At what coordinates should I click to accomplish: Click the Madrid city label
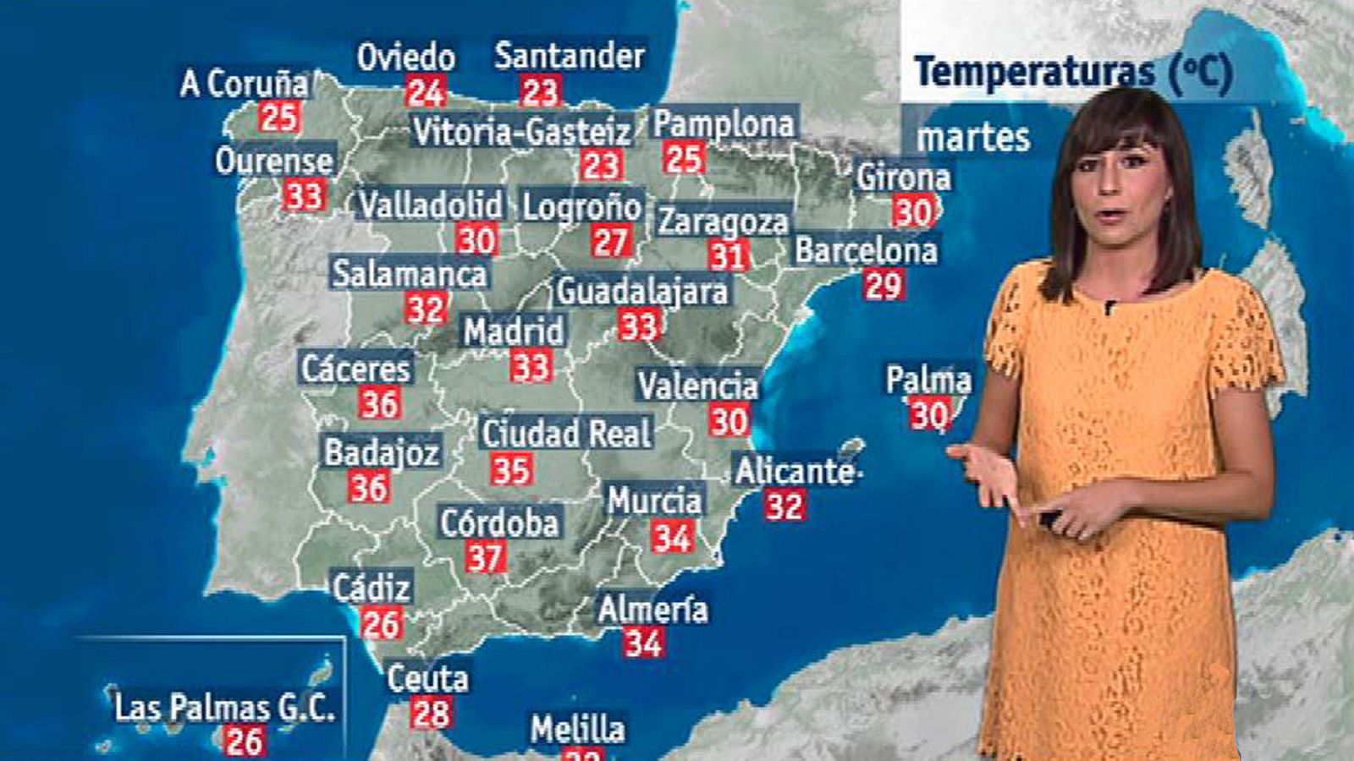point(513,331)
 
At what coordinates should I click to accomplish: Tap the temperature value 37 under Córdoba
point(486,557)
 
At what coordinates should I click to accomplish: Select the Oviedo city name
point(406,57)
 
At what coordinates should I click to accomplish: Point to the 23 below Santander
point(540,91)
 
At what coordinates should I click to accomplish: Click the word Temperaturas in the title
point(1034,72)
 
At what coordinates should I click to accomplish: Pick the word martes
point(973,138)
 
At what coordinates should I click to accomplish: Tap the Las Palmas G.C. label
point(225,707)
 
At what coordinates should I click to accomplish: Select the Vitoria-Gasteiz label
point(521,132)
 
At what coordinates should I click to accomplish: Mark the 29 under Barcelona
point(883,286)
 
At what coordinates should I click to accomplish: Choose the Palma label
point(928,380)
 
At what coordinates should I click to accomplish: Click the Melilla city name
point(578,729)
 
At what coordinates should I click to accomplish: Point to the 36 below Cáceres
point(379,403)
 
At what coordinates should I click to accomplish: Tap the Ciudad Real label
point(567,434)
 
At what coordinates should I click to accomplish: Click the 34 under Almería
point(644,643)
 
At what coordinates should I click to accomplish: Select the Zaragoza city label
point(724,222)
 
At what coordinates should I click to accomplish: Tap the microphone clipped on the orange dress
point(1108,307)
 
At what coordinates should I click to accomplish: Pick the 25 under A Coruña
point(278,117)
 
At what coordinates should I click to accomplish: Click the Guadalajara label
point(641,291)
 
